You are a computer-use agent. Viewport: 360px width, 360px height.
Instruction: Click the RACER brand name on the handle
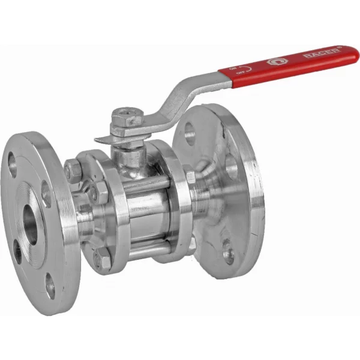[323, 54]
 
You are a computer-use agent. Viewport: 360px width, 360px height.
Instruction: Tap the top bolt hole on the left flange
[11, 160]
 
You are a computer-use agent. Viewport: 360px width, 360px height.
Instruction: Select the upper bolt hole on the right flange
[190, 131]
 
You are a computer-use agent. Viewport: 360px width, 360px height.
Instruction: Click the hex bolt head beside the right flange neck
[191, 177]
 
